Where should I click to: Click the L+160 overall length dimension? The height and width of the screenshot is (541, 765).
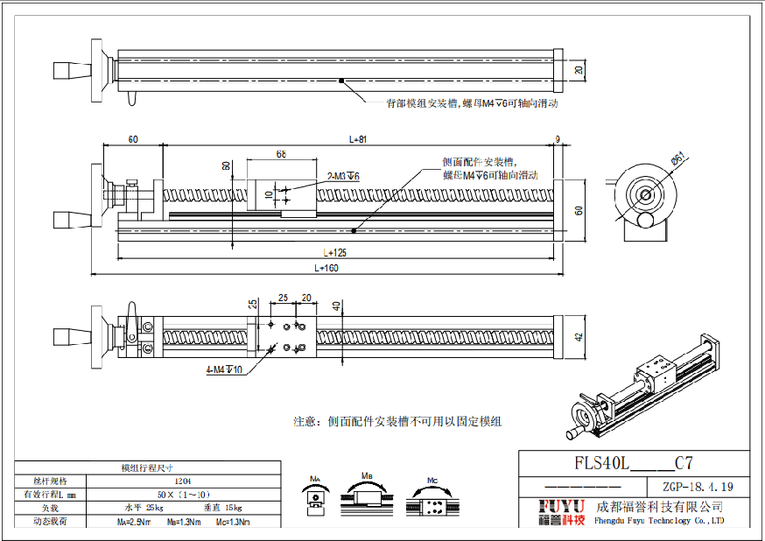coord(326,268)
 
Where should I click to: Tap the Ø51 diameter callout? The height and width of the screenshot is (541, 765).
coord(677,158)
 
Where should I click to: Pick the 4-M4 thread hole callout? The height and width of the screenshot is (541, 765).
coord(224,370)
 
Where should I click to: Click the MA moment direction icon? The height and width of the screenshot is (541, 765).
coord(316,495)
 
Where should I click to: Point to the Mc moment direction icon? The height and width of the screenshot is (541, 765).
coord(432,495)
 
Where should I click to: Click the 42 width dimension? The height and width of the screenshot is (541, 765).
coord(579,337)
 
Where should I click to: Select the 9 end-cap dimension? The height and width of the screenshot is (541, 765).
coord(558,139)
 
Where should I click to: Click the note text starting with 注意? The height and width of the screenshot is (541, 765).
coord(397,421)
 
